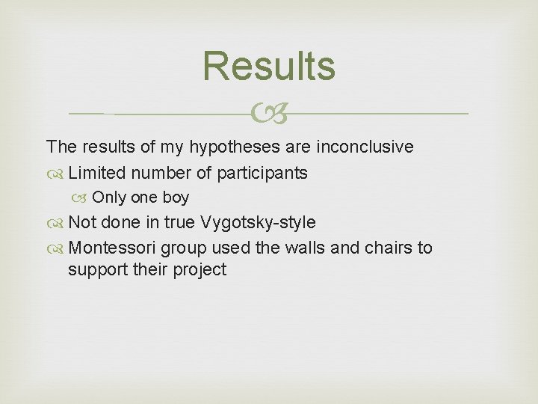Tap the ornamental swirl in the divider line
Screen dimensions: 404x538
[269, 114]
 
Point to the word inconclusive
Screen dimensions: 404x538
[365, 147]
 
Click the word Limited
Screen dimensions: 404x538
[97, 173]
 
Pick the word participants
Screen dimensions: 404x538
[262, 174]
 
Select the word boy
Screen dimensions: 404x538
[176, 198]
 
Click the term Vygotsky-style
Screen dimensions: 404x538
[257, 223]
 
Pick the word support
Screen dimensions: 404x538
[97, 270]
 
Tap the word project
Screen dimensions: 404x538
[200, 270]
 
